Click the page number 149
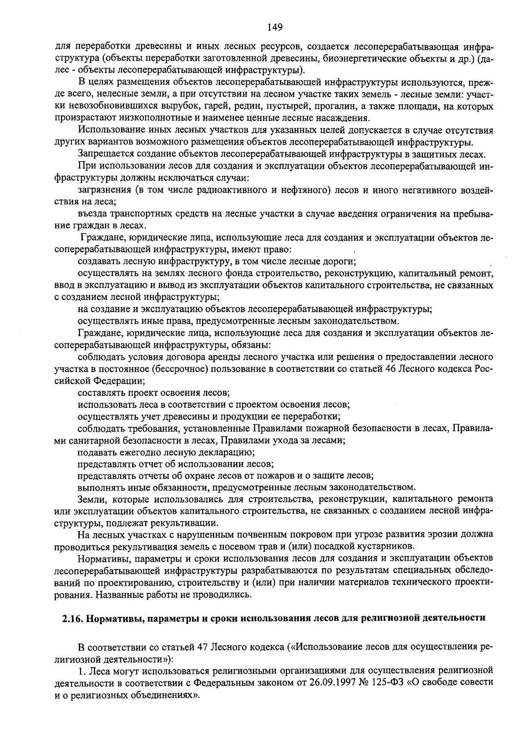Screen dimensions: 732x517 [275, 28]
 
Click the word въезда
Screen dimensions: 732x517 [92, 214]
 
